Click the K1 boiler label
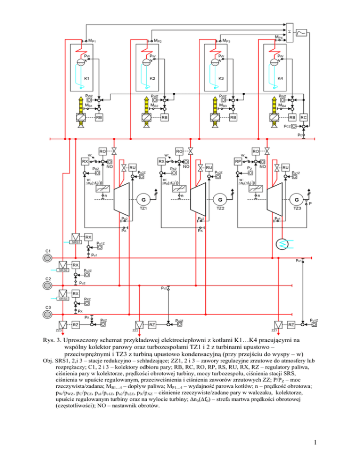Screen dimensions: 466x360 click(86, 78)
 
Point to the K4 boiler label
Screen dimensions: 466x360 click(280, 78)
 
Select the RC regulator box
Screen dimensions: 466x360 click(304, 117)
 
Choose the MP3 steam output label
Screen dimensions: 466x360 click(225, 41)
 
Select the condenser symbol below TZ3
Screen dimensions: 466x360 click(281, 243)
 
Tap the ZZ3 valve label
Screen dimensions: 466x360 click(59, 330)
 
